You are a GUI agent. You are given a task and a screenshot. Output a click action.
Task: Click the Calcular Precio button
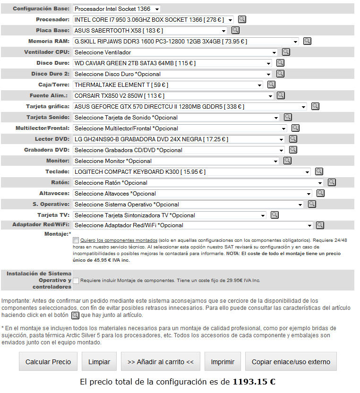[x=48, y=362]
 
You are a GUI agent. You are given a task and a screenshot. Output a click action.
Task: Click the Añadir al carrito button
[x=161, y=362]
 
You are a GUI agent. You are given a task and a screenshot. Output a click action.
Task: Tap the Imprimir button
[x=223, y=362]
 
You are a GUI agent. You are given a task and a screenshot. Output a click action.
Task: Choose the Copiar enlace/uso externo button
[x=291, y=362]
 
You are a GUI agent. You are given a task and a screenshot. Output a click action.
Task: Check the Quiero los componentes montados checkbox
[x=76, y=240]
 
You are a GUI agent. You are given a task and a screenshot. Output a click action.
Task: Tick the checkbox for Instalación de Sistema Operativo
[x=76, y=281]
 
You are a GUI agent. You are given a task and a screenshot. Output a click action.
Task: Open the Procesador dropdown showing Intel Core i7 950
[x=154, y=20]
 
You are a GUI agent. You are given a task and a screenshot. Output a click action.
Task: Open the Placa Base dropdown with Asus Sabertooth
[x=150, y=31]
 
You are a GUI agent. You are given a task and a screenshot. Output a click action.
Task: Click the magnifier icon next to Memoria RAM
[x=307, y=41]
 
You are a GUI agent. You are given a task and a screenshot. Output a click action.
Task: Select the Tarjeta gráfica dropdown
[x=190, y=107]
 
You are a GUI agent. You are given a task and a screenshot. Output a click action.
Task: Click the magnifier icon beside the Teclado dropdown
[x=319, y=171]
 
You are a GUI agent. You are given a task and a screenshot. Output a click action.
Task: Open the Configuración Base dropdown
[x=117, y=9]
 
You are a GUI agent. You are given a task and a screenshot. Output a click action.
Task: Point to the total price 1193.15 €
[x=254, y=382]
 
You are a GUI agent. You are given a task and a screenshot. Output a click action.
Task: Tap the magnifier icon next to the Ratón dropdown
[x=332, y=182]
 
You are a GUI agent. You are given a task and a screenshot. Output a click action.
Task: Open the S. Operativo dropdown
[x=188, y=205]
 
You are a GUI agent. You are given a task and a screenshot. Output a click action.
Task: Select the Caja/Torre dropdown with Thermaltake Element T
[x=168, y=85]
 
